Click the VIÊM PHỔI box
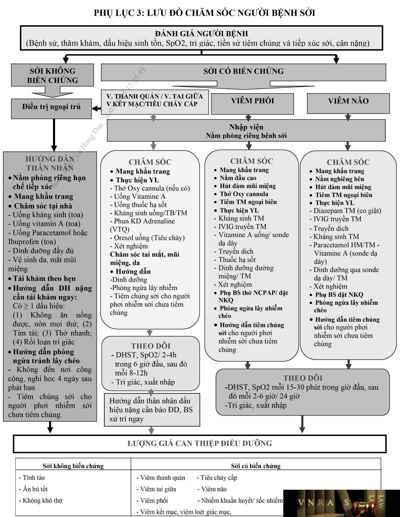(252, 104)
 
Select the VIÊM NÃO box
(348, 104)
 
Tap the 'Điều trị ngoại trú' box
(51, 109)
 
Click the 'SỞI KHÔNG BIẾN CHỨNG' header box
(52, 75)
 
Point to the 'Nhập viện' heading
(246, 127)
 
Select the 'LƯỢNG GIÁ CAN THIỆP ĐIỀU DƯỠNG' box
(200, 444)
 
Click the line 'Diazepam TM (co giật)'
(345, 211)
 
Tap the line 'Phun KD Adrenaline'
(142, 221)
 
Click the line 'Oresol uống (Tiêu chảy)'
(147, 238)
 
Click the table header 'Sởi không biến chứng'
(73, 466)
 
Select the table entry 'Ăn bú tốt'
(33, 489)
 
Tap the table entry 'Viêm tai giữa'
(156, 489)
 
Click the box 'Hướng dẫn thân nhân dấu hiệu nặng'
(152, 410)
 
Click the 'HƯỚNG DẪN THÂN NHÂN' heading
(50, 163)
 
